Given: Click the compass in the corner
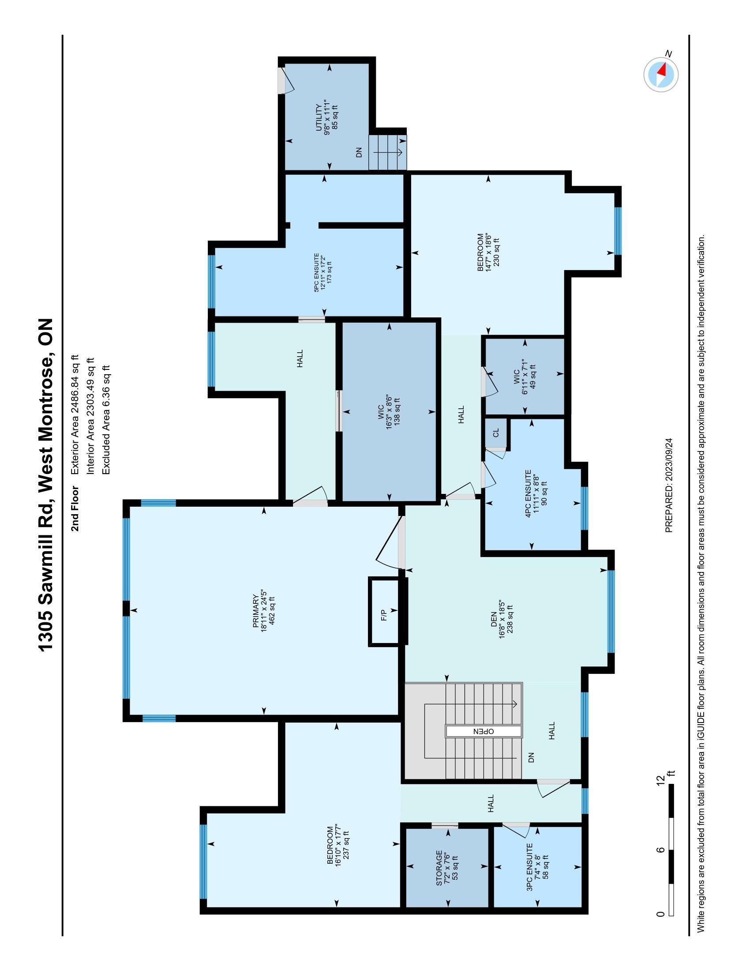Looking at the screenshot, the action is pyautogui.click(x=661, y=75).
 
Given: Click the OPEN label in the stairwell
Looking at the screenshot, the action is pyautogui.click(x=484, y=731).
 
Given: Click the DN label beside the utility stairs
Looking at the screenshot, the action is pyautogui.click(x=360, y=153).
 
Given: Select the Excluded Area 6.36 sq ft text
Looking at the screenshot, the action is pyautogui.click(x=106, y=420).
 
